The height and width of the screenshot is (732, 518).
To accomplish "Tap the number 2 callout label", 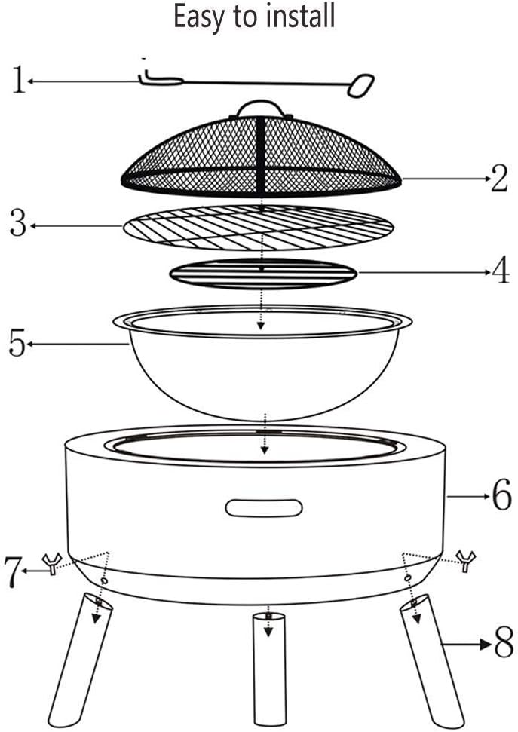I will coord(499,179).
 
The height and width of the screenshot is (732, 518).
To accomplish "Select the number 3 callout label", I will coord(19,224).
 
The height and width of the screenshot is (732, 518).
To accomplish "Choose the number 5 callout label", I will coord(17,344).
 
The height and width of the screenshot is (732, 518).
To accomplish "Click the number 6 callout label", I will coord(501,495).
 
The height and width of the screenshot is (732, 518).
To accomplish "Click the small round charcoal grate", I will coord(262,274).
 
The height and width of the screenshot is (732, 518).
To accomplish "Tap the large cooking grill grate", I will coord(259,225).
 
